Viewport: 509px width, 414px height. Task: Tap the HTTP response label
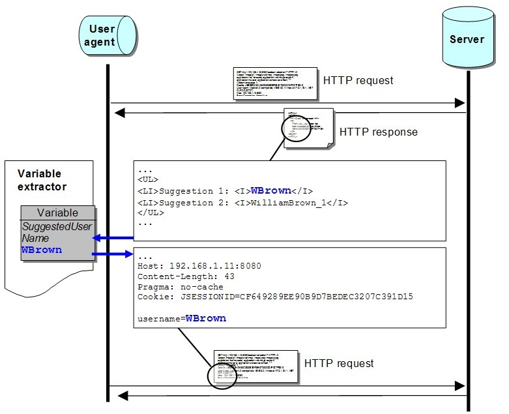pyautogui.click(x=378, y=132)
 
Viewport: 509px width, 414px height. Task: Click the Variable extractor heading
pyautogui.click(x=40, y=181)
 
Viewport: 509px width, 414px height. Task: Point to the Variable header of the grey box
pyautogui.click(x=57, y=213)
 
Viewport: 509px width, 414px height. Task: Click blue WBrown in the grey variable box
pyautogui.click(x=42, y=250)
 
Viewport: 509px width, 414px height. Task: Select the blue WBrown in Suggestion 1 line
pyautogui.click(x=270, y=190)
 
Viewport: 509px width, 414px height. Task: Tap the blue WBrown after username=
pyautogui.click(x=206, y=319)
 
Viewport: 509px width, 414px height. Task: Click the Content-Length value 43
pyautogui.click(x=229, y=276)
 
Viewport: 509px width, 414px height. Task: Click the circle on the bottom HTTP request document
pyautogui.click(x=222, y=376)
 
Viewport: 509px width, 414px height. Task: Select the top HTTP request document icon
pyautogui.click(x=274, y=83)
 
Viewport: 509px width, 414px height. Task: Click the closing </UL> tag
pyautogui.click(x=151, y=213)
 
